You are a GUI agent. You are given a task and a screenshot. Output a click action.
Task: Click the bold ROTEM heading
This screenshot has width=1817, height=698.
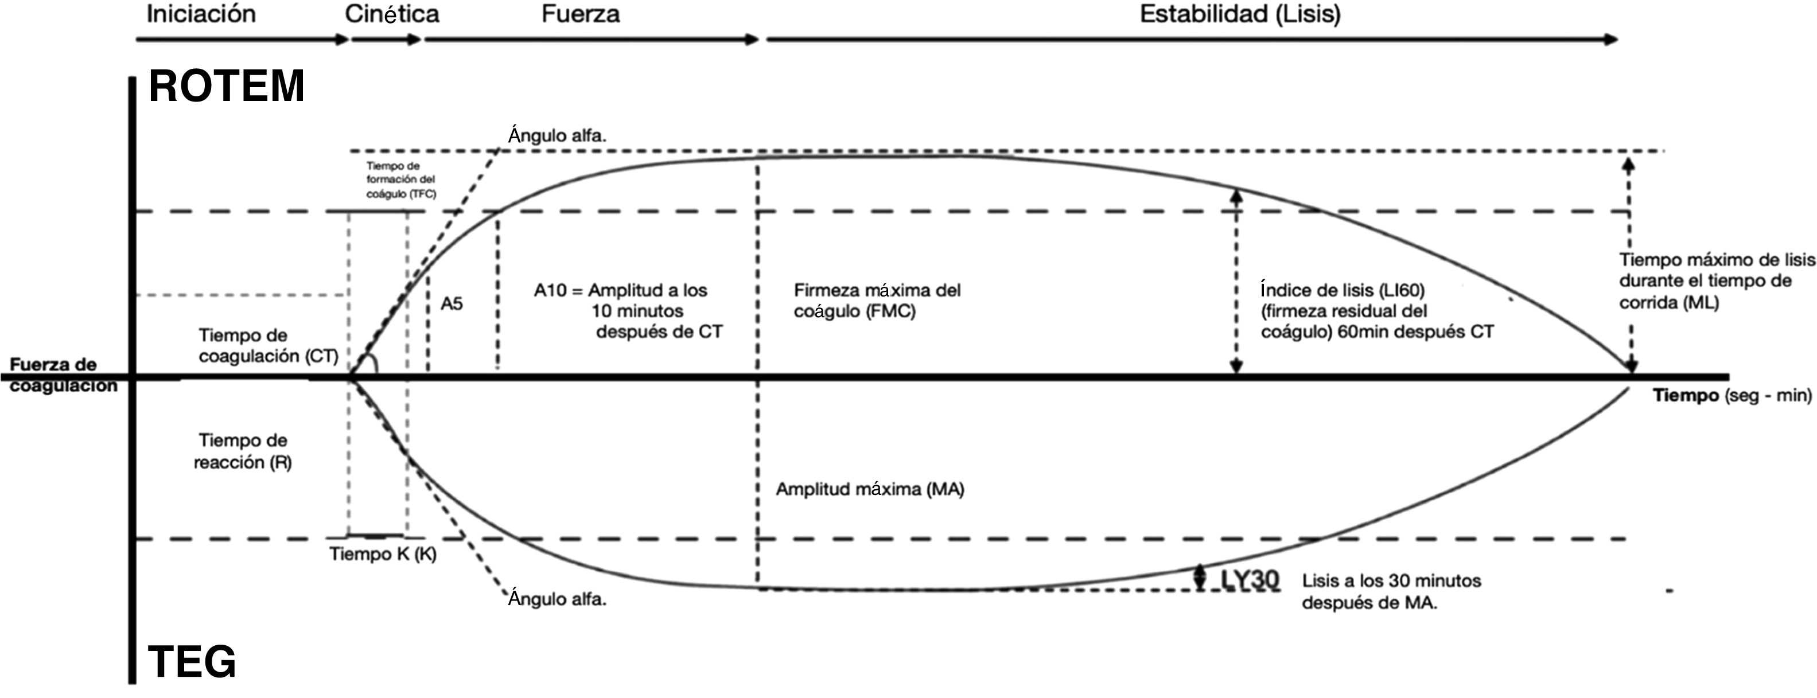227,87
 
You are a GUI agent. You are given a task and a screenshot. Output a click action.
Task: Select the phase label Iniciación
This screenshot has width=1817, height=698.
201,14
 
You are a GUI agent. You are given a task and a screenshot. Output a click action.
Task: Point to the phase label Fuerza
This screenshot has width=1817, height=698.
581,14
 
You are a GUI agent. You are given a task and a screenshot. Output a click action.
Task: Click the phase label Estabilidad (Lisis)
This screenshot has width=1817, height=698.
1240,14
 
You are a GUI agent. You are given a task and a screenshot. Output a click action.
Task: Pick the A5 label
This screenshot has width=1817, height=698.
452,304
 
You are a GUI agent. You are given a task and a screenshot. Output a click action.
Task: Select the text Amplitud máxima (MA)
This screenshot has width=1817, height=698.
870,489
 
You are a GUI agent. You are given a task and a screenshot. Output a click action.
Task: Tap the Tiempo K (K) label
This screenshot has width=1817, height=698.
383,554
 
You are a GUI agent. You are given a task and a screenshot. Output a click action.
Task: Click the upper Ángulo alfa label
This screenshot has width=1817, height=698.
557,135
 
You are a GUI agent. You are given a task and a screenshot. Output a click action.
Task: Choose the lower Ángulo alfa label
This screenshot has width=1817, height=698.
557,599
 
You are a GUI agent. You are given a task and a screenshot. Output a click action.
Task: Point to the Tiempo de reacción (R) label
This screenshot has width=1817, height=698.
243,451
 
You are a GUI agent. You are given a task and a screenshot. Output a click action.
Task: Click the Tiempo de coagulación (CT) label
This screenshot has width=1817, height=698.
268,345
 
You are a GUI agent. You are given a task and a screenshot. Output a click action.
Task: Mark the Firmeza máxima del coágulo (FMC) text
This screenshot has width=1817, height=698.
877,301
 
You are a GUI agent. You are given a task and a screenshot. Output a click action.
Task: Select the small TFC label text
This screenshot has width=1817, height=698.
400,180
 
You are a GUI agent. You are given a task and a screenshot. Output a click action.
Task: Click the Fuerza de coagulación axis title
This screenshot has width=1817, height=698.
63,375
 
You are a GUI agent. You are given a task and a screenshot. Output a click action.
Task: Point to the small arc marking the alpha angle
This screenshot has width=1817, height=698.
373,363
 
